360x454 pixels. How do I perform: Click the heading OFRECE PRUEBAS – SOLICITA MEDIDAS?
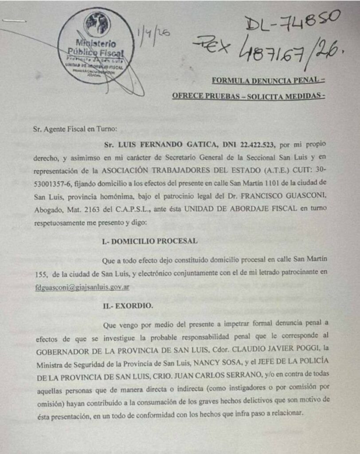point(248,96)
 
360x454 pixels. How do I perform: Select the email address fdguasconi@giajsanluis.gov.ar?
point(82,287)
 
